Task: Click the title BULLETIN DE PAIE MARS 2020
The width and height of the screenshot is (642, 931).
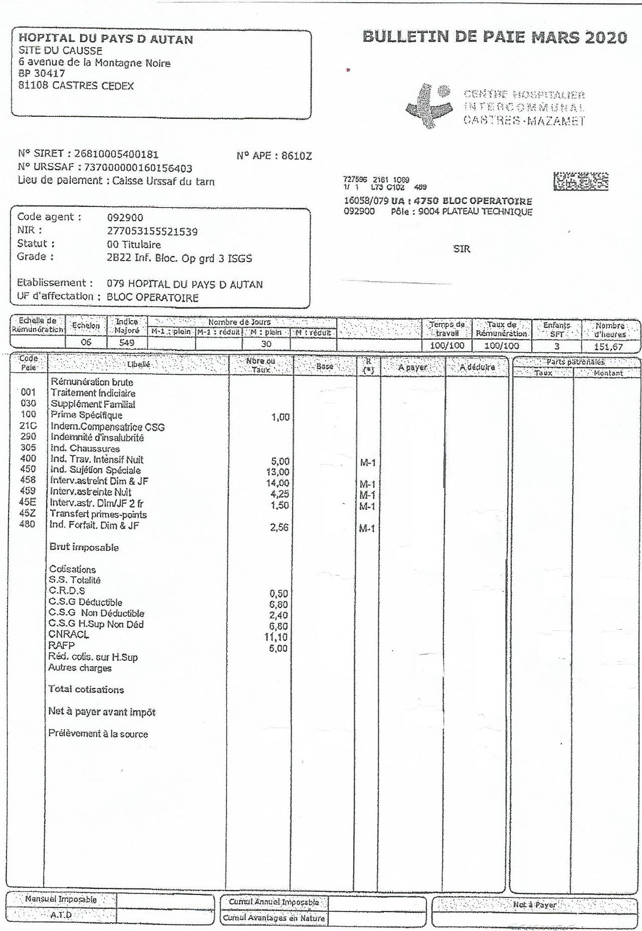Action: click(x=494, y=38)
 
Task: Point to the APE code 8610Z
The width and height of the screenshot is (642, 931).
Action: click(x=296, y=156)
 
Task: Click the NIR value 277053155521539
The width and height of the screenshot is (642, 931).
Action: click(x=152, y=231)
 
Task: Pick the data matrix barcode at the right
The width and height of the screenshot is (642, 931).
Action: click(x=581, y=181)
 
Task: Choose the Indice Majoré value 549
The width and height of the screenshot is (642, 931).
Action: click(x=127, y=343)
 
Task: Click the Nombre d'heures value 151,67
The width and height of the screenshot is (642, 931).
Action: click(x=609, y=346)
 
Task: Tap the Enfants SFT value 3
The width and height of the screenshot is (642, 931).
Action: click(x=556, y=346)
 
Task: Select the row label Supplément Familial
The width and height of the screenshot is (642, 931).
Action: click(x=93, y=404)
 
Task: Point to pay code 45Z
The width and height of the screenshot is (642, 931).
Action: click(x=28, y=513)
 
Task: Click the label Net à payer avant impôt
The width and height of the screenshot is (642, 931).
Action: click(x=102, y=712)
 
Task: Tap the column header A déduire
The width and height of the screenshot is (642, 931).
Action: click(x=477, y=367)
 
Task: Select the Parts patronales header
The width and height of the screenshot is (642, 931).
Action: click(x=575, y=362)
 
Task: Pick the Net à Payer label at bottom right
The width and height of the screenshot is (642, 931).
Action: click(x=534, y=905)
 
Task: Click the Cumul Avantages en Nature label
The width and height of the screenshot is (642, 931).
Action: click(x=274, y=918)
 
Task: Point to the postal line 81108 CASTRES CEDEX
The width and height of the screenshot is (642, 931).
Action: click(x=76, y=86)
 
